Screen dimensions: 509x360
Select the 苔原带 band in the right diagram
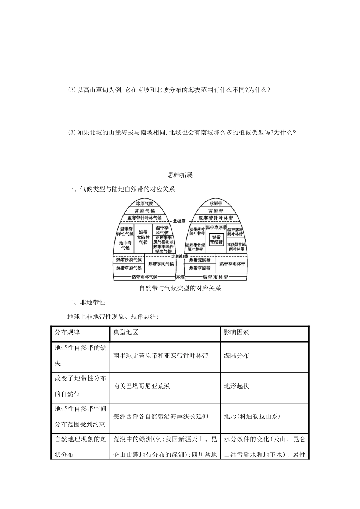pyautogui.click(x=216, y=211)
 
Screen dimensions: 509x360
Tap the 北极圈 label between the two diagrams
pyautogui.click(x=179, y=221)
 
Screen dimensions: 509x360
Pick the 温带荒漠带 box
pyautogui.click(x=216, y=239)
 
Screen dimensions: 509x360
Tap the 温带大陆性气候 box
pyautogui.click(x=143, y=237)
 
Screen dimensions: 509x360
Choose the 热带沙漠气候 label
pyautogui.click(x=129, y=260)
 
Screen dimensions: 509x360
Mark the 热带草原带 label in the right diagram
pyautogui.click(x=200, y=268)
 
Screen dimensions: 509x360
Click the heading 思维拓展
pyautogui.click(x=180, y=175)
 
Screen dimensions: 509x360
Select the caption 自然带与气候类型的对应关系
pyautogui.click(x=180, y=288)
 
